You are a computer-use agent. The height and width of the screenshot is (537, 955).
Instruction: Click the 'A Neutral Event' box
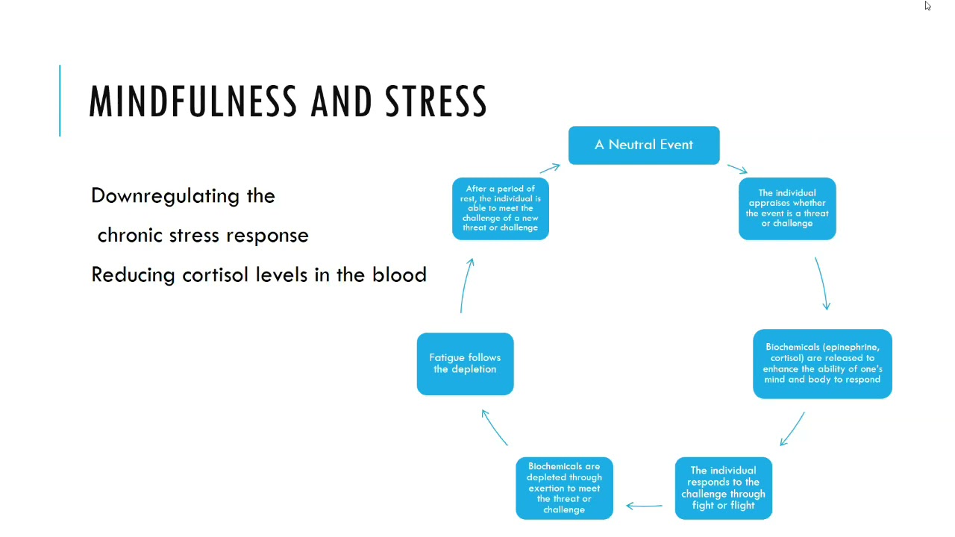pos(644,145)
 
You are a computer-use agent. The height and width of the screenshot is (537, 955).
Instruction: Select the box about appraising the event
pos(787,209)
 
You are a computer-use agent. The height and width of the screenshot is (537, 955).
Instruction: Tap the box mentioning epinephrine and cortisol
pos(822,364)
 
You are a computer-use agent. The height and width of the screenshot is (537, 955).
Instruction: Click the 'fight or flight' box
pos(723,488)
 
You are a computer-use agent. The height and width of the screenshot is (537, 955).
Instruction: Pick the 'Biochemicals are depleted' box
pos(564,488)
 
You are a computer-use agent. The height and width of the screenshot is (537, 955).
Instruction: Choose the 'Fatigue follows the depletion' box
pos(465,364)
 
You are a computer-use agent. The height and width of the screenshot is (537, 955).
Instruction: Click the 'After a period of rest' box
pos(500,209)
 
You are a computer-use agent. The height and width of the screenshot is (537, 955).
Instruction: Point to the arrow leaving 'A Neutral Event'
pos(737,169)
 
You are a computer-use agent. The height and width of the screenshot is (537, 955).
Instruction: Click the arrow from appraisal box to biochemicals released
pos(821,283)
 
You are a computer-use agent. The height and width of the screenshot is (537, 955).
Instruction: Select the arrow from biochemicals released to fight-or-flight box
pos(792,429)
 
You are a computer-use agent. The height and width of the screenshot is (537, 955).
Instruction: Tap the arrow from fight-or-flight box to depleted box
pos(644,506)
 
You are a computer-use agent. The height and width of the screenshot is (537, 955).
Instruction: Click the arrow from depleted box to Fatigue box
pos(495,427)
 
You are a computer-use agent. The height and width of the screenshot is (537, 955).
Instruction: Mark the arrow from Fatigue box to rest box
pos(466,285)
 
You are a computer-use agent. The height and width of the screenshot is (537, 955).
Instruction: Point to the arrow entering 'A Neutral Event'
pos(549,169)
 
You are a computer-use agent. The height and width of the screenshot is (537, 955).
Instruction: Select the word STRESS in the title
pos(436,101)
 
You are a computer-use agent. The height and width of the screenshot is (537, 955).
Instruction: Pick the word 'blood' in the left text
pos(399,274)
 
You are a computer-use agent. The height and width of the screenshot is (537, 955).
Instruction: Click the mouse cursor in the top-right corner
pos(927,6)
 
